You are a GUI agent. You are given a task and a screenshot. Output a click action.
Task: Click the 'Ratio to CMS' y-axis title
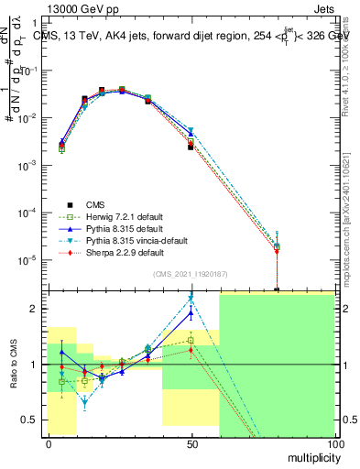tap(16, 377)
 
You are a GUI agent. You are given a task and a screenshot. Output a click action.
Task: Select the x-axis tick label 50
tap(191, 442)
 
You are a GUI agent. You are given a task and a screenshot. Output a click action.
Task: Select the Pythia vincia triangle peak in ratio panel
tap(191, 299)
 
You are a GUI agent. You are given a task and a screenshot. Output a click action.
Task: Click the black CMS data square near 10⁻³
tap(191, 147)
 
